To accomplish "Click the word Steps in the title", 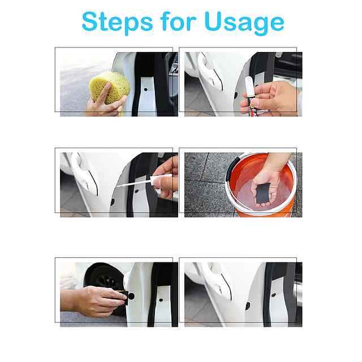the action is pyautogui.click(x=117, y=22).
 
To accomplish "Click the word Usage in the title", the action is pyautogui.click(x=244, y=23).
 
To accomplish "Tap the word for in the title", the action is pyautogui.click(x=178, y=21).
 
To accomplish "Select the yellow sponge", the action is pyautogui.click(x=109, y=87).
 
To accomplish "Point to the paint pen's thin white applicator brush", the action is pyautogui.click(x=133, y=182).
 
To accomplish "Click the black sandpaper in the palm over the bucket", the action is pyautogui.click(x=263, y=193).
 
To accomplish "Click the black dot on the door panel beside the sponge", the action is pyautogui.click(x=146, y=89).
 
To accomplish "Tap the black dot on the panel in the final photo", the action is pyautogui.click(x=274, y=295).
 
